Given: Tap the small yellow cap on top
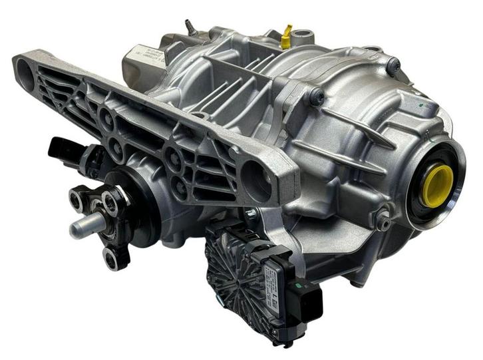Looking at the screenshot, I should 286,39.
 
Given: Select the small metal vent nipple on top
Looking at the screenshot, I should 189,27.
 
